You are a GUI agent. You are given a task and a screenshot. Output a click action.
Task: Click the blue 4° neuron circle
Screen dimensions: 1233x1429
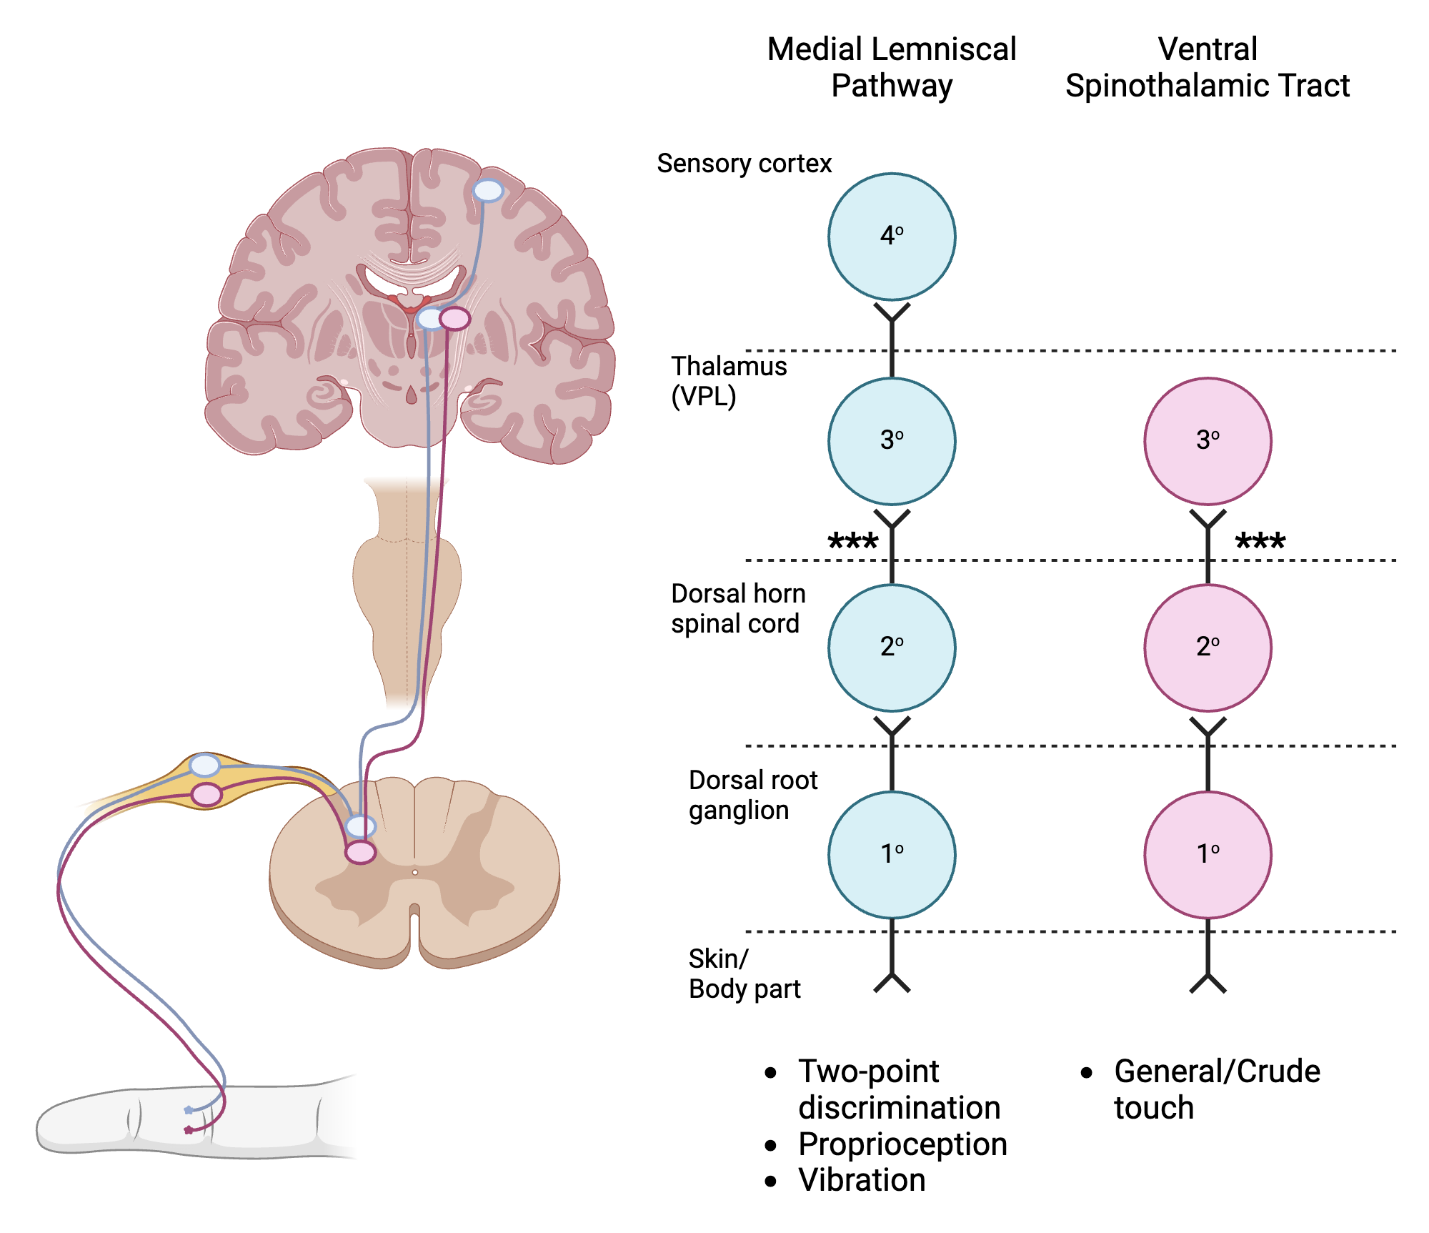[x=892, y=237]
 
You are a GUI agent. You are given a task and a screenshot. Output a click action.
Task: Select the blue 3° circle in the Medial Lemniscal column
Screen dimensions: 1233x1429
[x=892, y=441]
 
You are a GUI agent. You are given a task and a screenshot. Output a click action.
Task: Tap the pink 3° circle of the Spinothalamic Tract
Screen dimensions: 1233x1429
[x=1208, y=441]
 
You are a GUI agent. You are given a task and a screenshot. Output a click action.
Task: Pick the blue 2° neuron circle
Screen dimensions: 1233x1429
[x=892, y=648]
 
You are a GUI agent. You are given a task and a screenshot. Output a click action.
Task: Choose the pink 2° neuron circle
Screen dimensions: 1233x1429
[x=1208, y=648]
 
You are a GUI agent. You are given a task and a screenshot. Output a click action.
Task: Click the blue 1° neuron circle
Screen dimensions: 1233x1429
[x=892, y=854]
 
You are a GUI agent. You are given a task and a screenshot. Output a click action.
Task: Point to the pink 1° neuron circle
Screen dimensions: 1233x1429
[x=1208, y=854]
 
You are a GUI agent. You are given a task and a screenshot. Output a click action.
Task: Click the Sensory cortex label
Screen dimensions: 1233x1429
[x=744, y=164]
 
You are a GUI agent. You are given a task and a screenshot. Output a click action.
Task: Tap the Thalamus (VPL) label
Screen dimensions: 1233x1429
[x=728, y=381]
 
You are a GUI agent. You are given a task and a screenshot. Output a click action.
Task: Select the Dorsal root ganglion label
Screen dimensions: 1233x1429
[x=752, y=795]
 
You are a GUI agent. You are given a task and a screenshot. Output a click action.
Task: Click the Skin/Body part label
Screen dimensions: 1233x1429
[x=744, y=974]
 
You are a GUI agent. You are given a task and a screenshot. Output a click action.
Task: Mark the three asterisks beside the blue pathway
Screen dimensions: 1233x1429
[x=852, y=542]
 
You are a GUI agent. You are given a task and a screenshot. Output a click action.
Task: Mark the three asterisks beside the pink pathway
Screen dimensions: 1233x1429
[x=1260, y=542]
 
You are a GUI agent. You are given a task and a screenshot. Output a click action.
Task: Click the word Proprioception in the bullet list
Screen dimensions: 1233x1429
[x=902, y=1144]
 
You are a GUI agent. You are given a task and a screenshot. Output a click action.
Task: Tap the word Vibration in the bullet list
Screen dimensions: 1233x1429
[x=862, y=1180]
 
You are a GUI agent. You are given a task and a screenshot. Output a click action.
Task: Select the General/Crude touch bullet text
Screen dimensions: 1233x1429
[x=1216, y=1089]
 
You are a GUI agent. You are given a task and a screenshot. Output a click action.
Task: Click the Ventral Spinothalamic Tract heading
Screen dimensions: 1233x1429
[x=1208, y=67]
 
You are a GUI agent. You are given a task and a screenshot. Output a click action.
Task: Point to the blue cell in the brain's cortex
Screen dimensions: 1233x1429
[x=489, y=190]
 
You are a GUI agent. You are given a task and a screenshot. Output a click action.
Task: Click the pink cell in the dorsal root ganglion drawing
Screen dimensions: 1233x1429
[x=207, y=794]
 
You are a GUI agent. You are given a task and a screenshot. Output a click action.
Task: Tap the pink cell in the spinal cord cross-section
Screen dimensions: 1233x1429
[x=360, y=852]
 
